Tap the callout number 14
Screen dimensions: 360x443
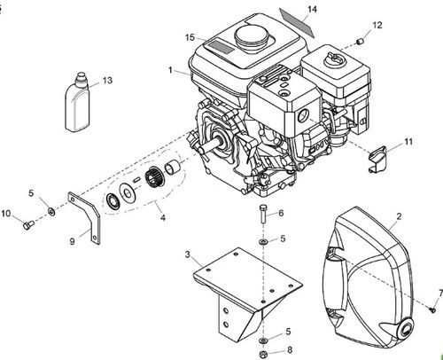(311, 10)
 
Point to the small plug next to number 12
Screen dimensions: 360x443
(360, 41)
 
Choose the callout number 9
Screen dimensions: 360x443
(72, 239)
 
